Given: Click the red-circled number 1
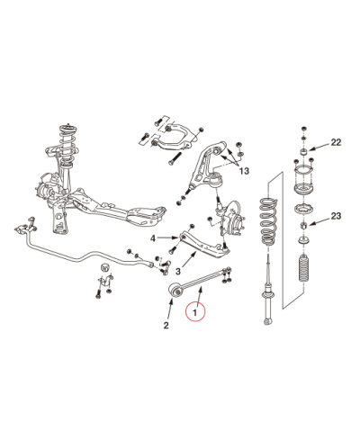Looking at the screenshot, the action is pos(195,312).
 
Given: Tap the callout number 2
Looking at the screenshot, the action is pos(166,325).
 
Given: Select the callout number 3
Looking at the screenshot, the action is pos(178,272).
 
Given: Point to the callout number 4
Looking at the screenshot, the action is pos(153,238).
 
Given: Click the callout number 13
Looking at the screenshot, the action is pos(244,171).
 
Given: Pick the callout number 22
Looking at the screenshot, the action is pos(336,142).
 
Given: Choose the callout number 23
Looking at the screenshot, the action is pos(336,216).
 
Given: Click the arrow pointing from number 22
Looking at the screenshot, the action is pos(319,147).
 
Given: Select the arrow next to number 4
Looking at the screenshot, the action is pos(167,238).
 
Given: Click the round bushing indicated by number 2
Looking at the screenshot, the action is pos(175,290).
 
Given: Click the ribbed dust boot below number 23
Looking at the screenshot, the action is pos(303,268).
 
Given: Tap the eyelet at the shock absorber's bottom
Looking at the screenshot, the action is pos(267,322).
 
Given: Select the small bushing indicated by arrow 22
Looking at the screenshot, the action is pos(303,150).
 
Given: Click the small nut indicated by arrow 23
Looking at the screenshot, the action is pos(303,225).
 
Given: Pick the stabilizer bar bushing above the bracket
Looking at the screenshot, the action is pos(104,266).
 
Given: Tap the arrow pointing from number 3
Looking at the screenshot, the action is pos(189,260).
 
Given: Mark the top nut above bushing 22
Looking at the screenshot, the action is pos(303,129).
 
